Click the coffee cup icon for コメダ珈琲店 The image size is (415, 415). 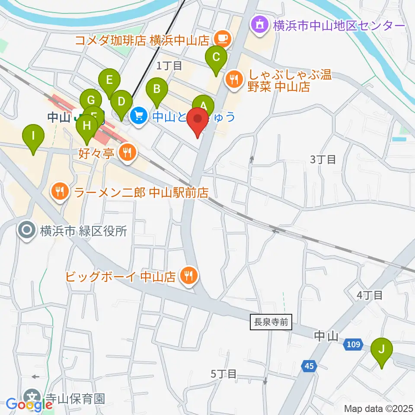[x=223, y=39]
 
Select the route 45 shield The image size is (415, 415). [x=308, y=366]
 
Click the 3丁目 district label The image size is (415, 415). [x=323, y=160]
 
